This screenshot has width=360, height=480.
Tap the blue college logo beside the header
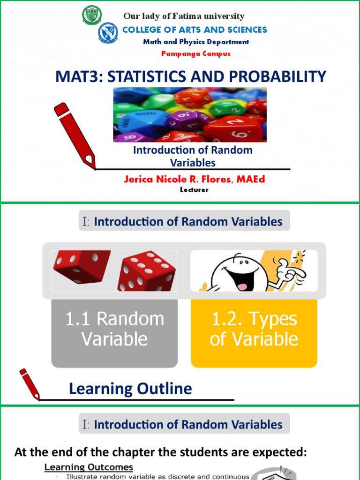108,33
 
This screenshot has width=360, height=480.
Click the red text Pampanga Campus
196,53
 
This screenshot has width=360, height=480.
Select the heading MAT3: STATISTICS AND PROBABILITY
191,76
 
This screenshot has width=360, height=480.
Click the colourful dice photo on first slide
190,114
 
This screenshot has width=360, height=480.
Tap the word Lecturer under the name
194,190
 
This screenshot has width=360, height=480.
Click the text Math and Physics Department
196,42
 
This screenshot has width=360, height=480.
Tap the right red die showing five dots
146,272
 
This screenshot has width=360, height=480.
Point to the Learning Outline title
130,388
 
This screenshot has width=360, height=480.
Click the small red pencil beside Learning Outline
30,384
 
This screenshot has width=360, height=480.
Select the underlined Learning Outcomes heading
89,467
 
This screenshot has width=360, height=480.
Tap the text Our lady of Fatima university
184,16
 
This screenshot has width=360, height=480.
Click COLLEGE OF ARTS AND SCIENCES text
195,30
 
